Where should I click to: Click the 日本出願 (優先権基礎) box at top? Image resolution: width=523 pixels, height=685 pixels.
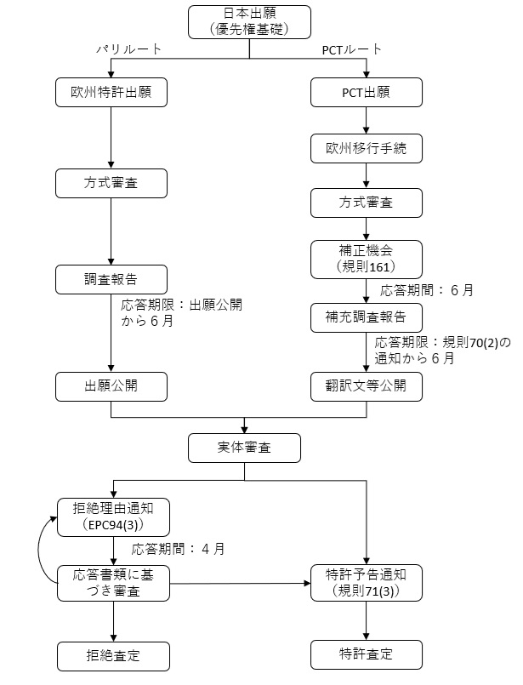(x=249, y=21)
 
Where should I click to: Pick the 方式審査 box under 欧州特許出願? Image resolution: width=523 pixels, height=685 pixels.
(x=111, y=183)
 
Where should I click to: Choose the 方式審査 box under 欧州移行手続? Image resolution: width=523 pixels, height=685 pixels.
(x=366, y=203)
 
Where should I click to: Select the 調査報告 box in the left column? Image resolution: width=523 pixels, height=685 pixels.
(x=111, y=277)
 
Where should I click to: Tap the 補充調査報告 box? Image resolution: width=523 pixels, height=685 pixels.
(x=366, y=317)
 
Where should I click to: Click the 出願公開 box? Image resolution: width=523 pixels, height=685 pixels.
(x=111, y=386)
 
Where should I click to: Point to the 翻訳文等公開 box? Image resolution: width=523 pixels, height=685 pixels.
(x=366, y=386)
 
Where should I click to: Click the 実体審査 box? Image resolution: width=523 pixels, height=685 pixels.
(x=244, y=446)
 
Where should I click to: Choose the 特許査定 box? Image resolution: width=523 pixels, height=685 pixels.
(x=366, y=656)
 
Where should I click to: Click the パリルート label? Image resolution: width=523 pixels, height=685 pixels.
(x=128, y=50)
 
